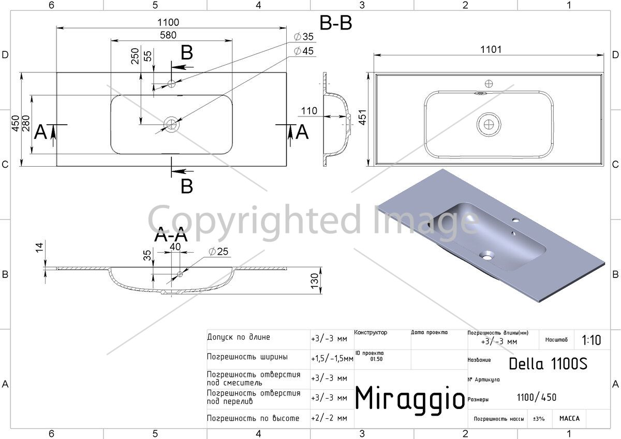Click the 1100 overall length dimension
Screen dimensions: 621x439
(x=168, y=22)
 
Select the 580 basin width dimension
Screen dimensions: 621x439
(x=168, y=35)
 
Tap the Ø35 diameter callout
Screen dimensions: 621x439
(x=304, y=37)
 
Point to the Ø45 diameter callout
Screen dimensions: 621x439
(x=304, y=51)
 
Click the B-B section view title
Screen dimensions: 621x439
(x=336, y=23)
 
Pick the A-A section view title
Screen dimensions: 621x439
(x=171, y=235)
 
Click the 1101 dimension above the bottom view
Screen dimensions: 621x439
(x=491, y=50)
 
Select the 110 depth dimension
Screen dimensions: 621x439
(x=309, y=111)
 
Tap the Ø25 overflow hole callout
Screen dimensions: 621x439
(x=218, y=252)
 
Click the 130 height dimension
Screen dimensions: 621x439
(x=315, y=281)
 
